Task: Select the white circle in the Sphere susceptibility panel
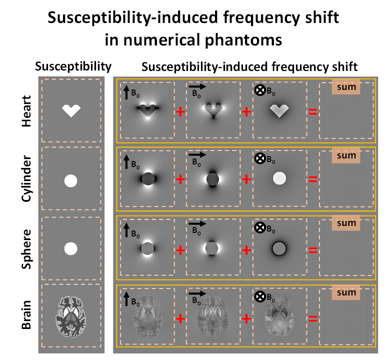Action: pos(71,248)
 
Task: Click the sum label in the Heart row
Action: pos(346,87)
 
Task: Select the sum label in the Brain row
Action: pos(346,292)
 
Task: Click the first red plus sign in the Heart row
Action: pos(180,111)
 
